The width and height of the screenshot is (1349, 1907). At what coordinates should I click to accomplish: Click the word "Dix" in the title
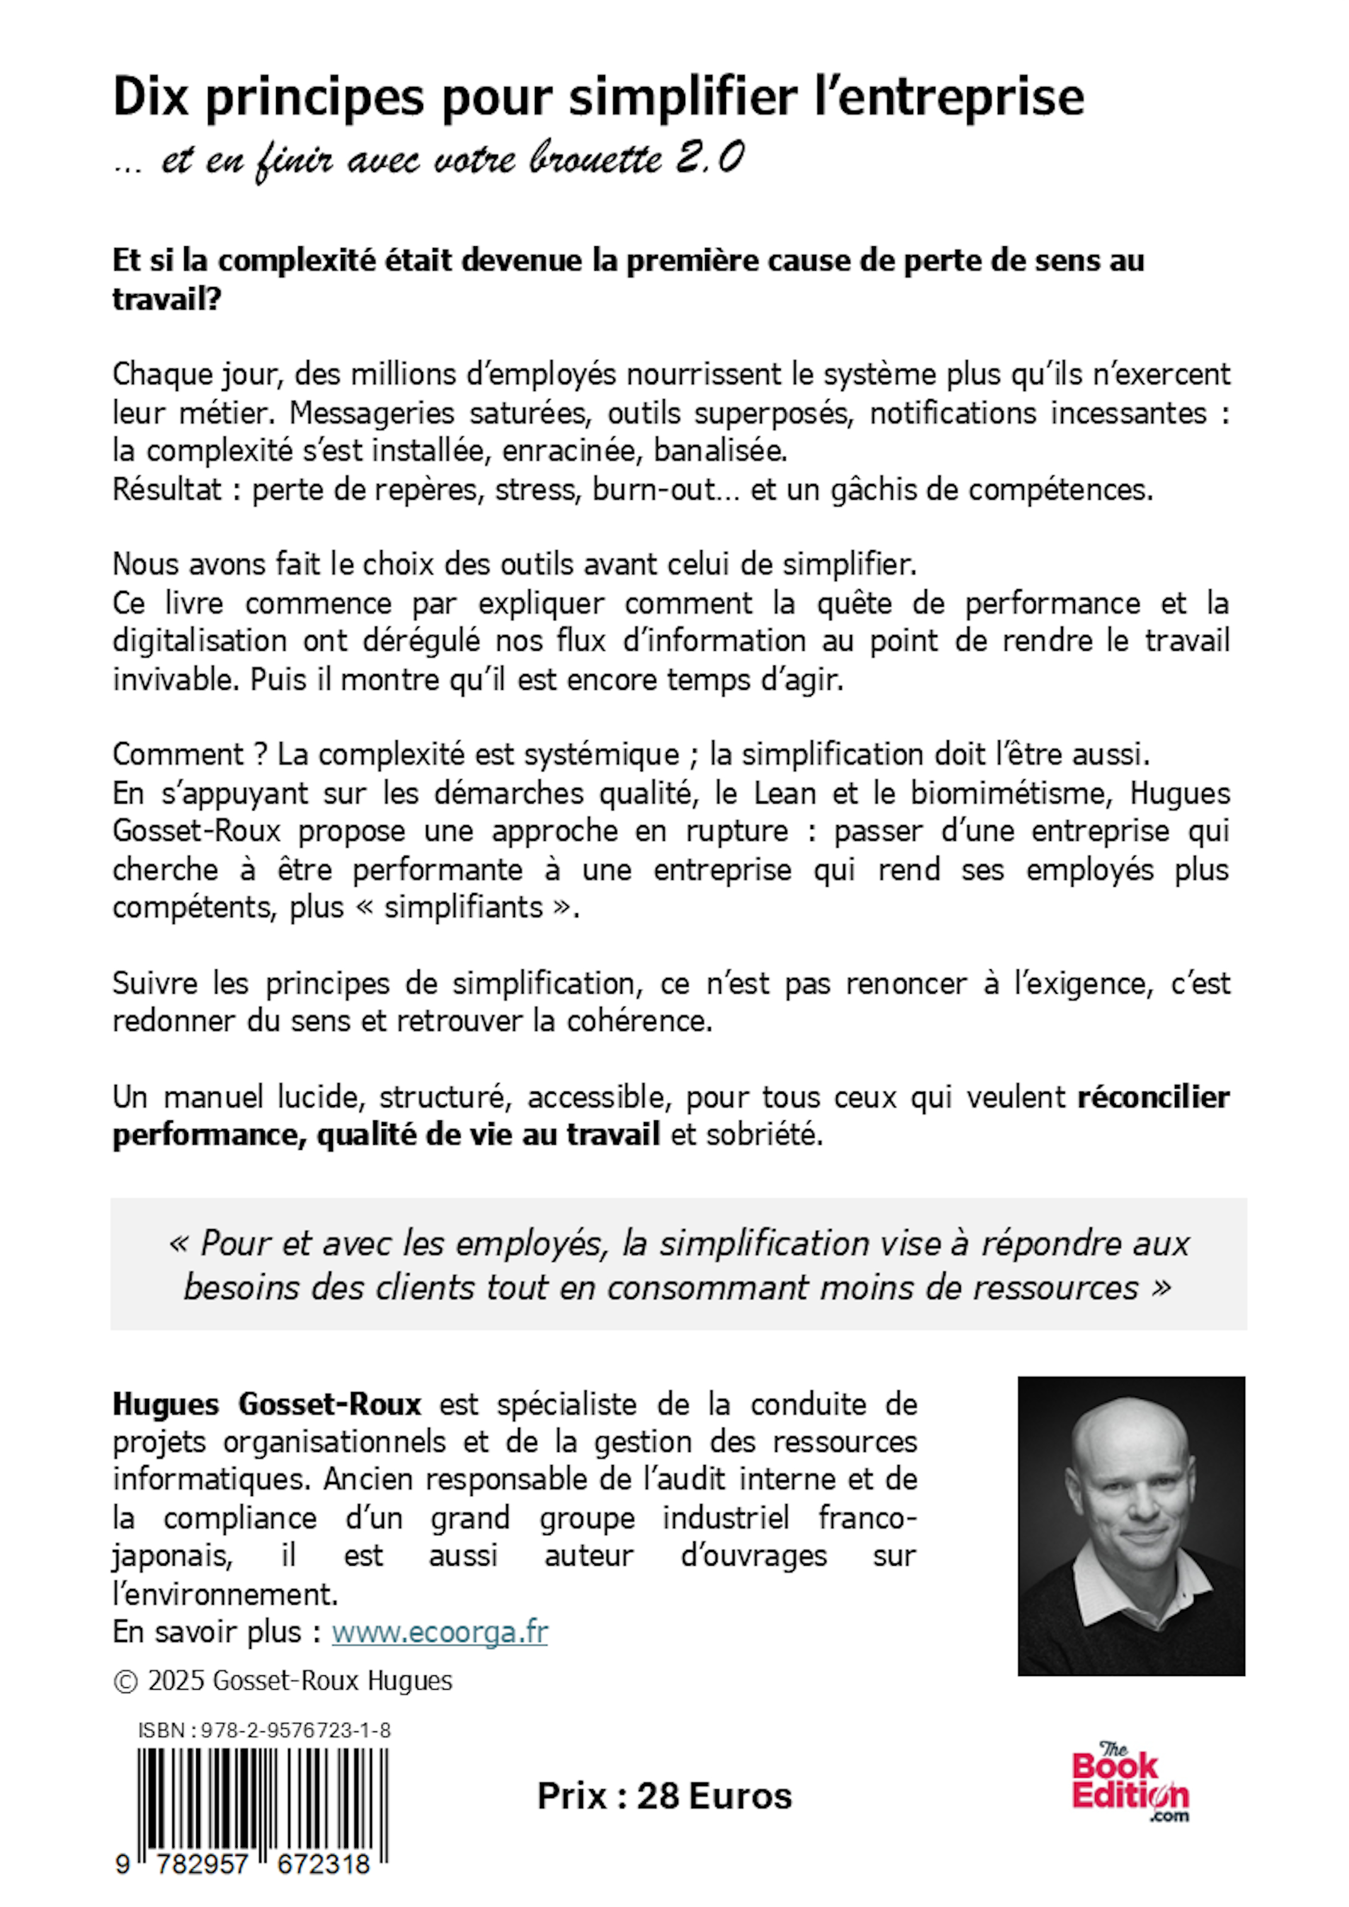pyautogui.click(x=151, y=97)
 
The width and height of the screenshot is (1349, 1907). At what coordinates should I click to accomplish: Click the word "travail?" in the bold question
pyautogui.click(x=167, y=298)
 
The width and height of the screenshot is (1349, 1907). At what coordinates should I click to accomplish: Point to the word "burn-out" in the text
pyautogui.click(x=654, y=489)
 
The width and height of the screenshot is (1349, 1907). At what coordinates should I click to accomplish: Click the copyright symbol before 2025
pyautogui.click(x=126, y=1681)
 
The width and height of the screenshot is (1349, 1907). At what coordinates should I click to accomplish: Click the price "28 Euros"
pyautogui.click(x=714, y=1796)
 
